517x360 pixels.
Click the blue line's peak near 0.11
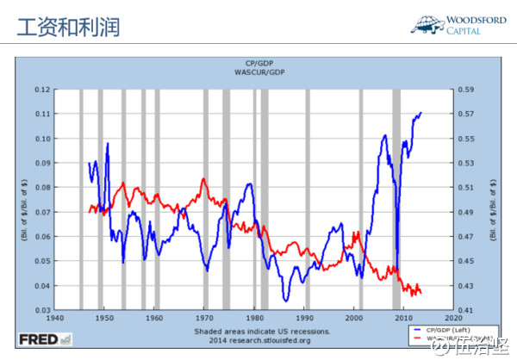click(x=420, y=113)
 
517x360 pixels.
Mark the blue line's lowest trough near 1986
click(x=285, y=301)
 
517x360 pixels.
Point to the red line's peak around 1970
click(x=203, y=178)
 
